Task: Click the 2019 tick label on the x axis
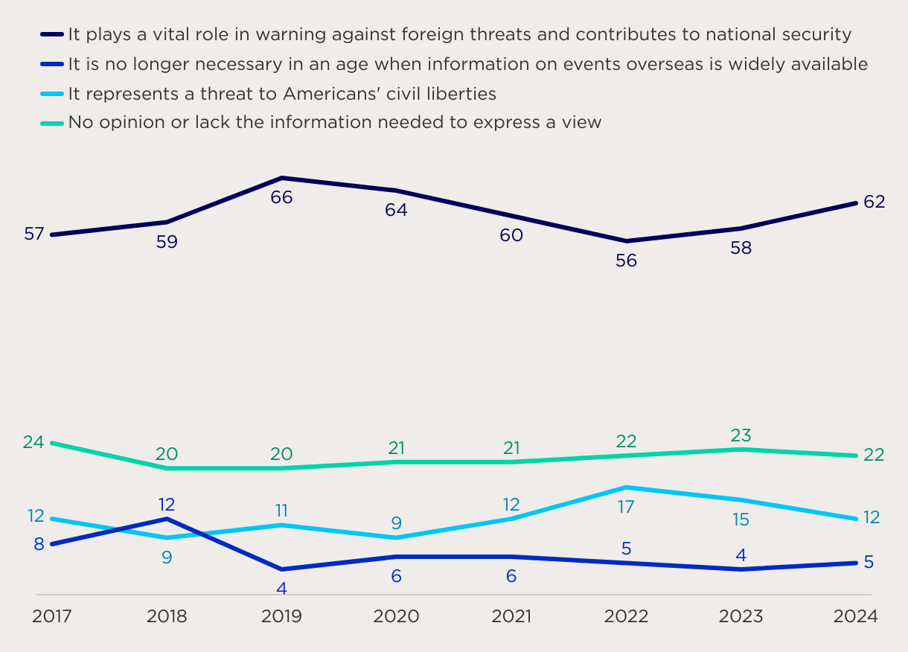(x=281, y=616)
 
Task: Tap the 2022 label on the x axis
(x=626, y=616)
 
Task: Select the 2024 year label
(x=856, y=616)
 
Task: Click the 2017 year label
(x=52, y=616)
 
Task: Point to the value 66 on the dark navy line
(x=281, y=197)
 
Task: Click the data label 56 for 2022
(x=626, y=261)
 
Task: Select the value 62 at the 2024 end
(x=874, y=202)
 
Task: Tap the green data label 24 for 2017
(x=33, y=442)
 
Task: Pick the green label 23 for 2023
(x=741, y=435)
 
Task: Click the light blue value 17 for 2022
(x=626, y=507)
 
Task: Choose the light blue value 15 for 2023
(x=741, y=520)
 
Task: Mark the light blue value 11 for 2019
(x=281, y=511)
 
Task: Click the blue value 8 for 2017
(x=39, y=544)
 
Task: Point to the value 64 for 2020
(x=396, y=210)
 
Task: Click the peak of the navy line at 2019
(x=282, y=178)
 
